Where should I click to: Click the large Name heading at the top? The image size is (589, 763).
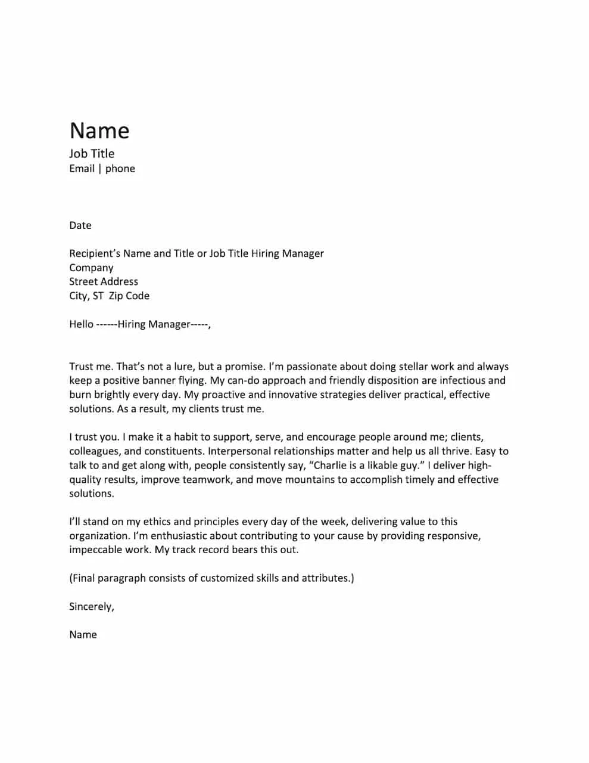(99, 131)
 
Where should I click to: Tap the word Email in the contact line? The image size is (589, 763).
(82, 169)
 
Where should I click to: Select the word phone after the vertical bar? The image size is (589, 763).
(120, 169)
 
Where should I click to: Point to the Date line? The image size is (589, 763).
(80, 225)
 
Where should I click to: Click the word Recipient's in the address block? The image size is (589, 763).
(95, 253)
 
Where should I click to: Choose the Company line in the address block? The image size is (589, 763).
(91, 268)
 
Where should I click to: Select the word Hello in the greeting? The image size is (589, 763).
(81, 324)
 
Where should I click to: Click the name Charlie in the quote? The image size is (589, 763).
(330, 466)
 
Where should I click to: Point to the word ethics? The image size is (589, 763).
(157, 522)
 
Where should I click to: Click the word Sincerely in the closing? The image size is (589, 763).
(91, 607)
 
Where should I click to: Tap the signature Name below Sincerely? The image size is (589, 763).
(83, 635)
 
